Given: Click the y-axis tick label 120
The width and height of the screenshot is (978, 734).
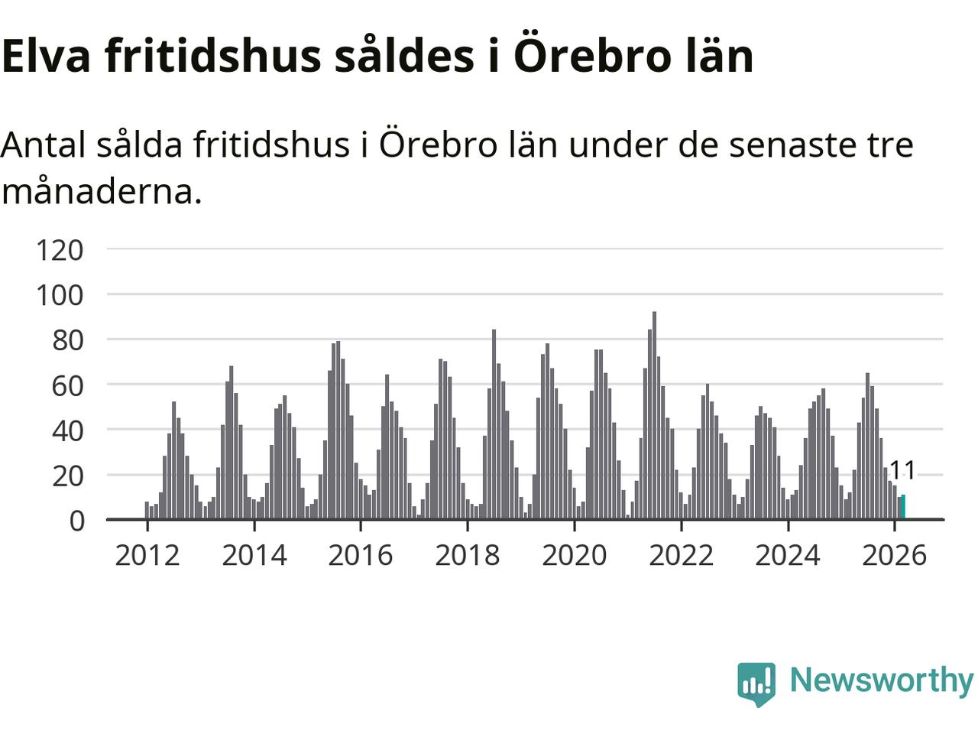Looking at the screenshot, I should (60, 250).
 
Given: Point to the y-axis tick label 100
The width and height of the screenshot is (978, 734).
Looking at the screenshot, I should (60, 295).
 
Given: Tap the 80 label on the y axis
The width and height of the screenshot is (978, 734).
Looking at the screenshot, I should (67, 340).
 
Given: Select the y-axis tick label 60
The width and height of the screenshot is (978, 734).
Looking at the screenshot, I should (67, 385).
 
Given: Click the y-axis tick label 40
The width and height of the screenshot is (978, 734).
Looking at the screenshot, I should (67, 430).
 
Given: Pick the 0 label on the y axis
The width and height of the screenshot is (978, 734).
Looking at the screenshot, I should (76, 521).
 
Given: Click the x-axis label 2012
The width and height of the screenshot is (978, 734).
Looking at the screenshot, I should (147, 555).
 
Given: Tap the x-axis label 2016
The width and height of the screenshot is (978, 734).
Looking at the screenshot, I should (361, 555).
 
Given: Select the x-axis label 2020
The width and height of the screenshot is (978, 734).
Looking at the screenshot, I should (575, 555).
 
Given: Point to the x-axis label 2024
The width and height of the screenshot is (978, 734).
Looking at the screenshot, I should (788, 555).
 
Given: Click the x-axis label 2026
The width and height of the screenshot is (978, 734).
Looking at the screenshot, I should (895, 555).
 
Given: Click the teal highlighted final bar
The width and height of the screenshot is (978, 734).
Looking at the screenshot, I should (903, 508).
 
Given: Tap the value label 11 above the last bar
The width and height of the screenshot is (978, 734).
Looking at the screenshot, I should (902, 470).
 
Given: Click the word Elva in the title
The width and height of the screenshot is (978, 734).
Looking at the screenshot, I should (47, 56).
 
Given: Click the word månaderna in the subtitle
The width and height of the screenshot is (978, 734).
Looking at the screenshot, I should (102, 191).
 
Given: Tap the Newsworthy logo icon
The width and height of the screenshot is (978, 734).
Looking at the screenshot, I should (756, 683).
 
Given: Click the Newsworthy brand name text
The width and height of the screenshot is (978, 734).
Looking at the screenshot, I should (881, 680).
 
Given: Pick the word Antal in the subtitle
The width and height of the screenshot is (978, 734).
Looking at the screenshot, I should (44, 145).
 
